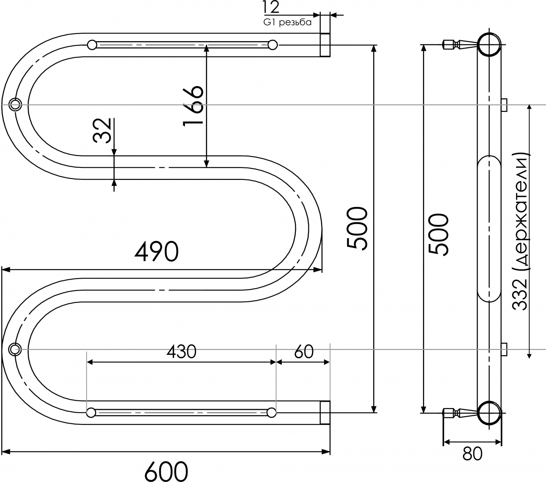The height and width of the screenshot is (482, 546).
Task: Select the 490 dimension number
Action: pos(156,251)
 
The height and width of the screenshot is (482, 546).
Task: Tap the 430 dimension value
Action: pos(181,352)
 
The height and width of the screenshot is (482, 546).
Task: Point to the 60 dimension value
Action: pos(304,352)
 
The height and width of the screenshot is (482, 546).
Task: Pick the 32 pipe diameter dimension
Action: pos(102,130)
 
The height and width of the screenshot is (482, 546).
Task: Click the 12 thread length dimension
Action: pos(271,7)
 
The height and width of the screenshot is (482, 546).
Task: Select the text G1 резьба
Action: pos(287,22)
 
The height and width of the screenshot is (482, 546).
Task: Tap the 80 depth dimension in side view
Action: pos(472,454)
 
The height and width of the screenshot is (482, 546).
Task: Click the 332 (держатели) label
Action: pos(520,232)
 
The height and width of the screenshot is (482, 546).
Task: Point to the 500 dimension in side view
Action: pos(439,234)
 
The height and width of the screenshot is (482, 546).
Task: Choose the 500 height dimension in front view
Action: pos(357,229)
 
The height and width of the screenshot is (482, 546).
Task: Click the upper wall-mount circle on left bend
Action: pos(15,105)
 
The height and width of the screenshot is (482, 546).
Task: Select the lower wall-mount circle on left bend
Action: pos(15,350)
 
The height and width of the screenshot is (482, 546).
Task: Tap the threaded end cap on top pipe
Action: pos(325,45)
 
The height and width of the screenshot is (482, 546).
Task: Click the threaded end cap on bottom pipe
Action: pos(325,413)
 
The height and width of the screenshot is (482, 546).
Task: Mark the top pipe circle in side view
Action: pos(489,45)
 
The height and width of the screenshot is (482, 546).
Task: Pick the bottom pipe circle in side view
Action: pos(489,413)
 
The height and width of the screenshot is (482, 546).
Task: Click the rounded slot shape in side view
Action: pos(489,229)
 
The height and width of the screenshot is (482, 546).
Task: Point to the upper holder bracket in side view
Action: pos(504,105)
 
